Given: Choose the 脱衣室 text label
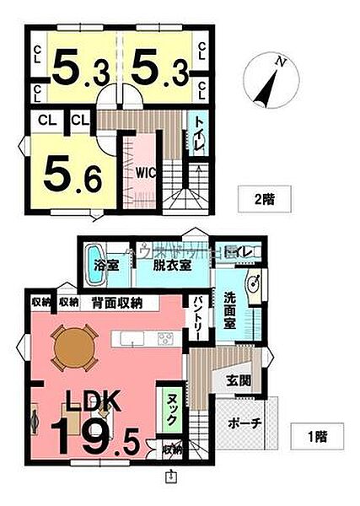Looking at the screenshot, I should pos(171,264).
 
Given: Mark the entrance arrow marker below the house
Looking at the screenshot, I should pos(172,477).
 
